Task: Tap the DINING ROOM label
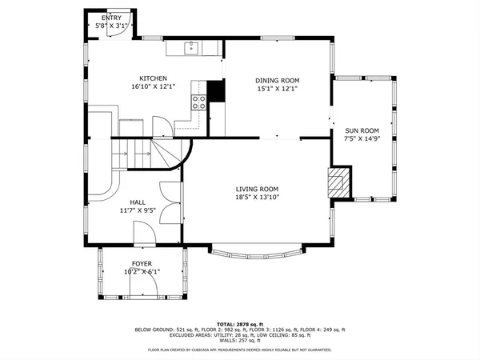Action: pos(277,80)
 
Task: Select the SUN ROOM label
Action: pos(362,130)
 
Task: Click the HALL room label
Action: pos(137,202)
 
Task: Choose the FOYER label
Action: pos(142,262)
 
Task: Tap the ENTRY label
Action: pos(111,18)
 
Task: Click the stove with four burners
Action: pos(199,101)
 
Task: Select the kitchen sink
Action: pos(192,48)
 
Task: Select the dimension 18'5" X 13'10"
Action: pos(258,198)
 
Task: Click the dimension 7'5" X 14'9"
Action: pos(362,139)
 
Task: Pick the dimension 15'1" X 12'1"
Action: pos(277,89)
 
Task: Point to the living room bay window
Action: pos(258,254)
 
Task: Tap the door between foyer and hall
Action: pos(144,234)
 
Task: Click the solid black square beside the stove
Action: pos(214,90)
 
